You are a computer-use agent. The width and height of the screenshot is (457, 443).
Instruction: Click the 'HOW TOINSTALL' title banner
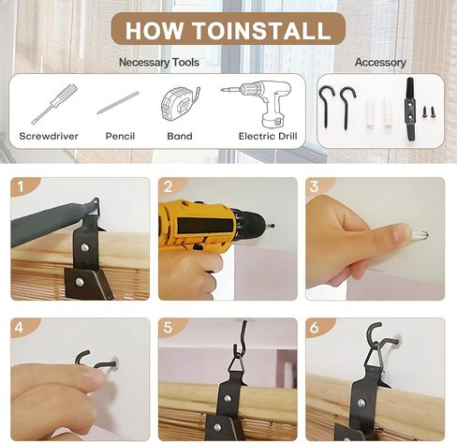click(x=228, y=30)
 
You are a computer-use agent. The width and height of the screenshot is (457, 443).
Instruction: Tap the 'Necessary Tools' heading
click(x=159, y=62)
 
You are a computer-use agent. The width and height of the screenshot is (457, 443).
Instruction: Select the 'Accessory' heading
click(x=380, y=62)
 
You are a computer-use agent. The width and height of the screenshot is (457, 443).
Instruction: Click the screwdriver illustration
click(x=54, y=104)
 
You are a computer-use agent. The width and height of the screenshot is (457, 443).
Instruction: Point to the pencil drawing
click(x=118, y=103)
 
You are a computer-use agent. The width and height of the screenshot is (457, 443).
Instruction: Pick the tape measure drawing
click(x=180, y=104)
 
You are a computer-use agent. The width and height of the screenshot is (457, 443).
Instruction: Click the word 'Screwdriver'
click(x=49, y=136)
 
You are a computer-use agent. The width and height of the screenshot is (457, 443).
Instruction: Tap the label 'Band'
click(x=180, y=136)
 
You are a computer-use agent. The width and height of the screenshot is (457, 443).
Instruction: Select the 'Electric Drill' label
click(x=268, y=136)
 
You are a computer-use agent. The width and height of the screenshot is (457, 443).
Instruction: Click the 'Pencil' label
click(x=120, y=136)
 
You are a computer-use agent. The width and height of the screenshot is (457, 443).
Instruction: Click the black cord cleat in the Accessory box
click(x=410, y=111)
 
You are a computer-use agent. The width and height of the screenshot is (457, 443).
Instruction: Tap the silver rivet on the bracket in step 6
click(x=361, y=403)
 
